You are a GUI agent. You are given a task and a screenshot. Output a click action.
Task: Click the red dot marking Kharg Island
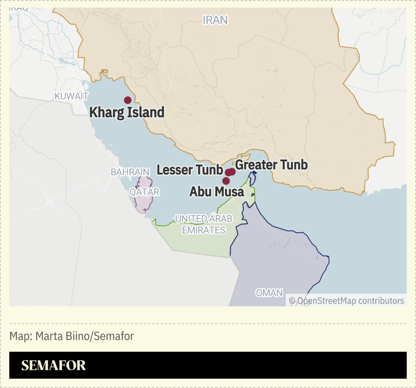[x=127, y=100]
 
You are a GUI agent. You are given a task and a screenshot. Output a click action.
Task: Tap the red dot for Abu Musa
[x=226, y=181]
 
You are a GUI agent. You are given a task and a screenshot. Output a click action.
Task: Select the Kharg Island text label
[x=127, y=112]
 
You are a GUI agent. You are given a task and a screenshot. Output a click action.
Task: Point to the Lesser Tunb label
[x=190, y=170]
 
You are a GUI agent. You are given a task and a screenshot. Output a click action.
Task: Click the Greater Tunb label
[x=272, y=165]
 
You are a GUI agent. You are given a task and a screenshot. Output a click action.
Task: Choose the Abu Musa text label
[x=217, y=192]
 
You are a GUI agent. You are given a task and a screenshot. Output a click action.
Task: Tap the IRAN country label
[x=215, y=20]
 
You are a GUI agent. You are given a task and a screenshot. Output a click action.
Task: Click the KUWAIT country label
[x=71, y=96]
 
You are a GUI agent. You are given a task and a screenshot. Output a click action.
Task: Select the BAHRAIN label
[x=130, y=172]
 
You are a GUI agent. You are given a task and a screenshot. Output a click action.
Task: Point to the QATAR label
[x=144, y=192]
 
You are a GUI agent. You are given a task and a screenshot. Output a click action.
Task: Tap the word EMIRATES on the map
[x=204, y=230]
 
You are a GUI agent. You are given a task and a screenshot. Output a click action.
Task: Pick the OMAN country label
[x=269, y=293]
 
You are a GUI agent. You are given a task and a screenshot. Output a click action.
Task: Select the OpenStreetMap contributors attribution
[x=350, y=301]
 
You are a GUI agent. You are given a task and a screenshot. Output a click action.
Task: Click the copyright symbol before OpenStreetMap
[x=292, y=301]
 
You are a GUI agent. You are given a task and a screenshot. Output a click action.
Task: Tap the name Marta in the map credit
[x=49, y=336]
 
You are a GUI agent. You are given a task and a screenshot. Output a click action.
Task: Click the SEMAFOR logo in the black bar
[x=53, y=365]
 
